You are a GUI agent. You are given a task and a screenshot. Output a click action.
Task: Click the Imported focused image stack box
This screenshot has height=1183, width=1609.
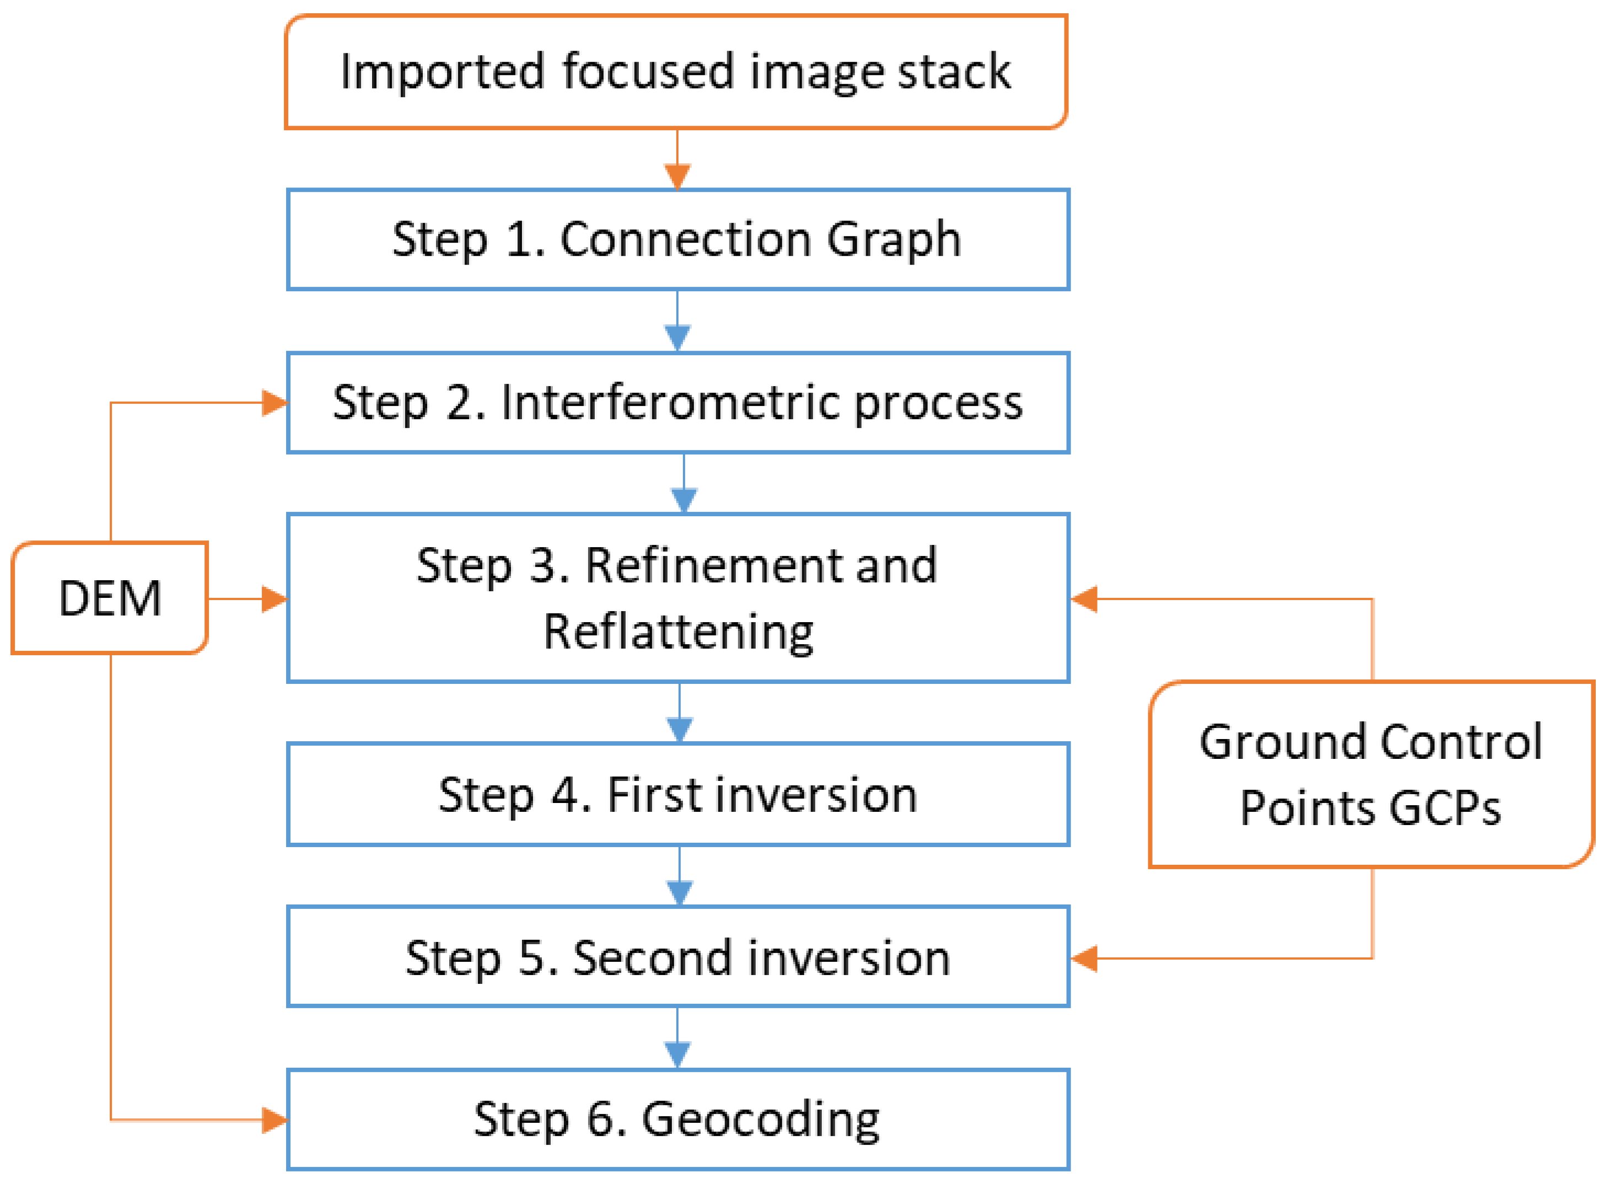coord(676,72)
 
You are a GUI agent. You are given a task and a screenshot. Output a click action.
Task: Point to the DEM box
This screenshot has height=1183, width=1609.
coord(110,598)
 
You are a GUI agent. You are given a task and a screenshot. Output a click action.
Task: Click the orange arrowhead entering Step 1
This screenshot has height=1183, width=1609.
coord(677,176)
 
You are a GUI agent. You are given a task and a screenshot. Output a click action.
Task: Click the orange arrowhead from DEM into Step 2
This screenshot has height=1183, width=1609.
coord(274,403)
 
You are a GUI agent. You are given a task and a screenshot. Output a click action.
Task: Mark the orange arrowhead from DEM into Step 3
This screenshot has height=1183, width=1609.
coord(274,598)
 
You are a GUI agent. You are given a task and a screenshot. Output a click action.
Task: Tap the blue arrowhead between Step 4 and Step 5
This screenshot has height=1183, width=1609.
coord(679,892)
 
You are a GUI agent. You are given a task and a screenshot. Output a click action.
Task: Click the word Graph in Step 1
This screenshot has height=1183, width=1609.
coord(894,239)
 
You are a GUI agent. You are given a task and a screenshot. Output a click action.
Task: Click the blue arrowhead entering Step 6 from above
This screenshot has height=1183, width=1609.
coord(677,1055)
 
